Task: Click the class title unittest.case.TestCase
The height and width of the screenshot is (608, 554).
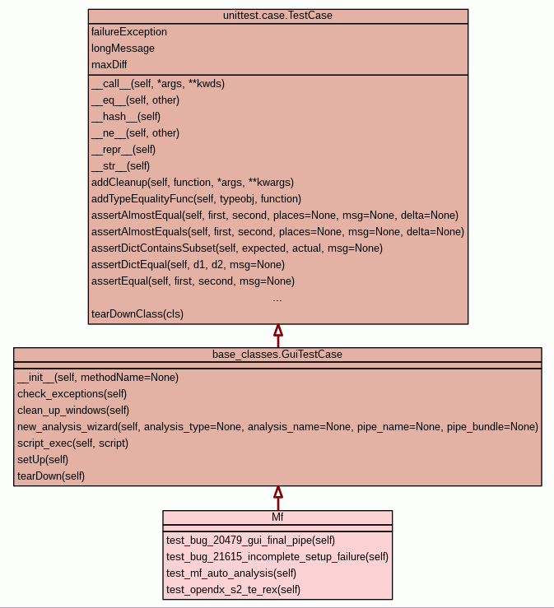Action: pyautogui.click(x=277, y=16)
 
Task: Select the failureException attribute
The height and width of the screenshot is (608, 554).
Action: pyautogui.click(x=129, y=32)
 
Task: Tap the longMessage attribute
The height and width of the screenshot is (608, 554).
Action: pyautogui.click(x=123, y=49)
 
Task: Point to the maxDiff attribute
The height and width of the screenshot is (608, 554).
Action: pyautogui.click(x=109, y=65)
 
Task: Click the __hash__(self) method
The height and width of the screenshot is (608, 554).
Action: pyautogui.click(x=126, y=117)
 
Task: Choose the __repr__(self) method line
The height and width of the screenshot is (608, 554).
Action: pyautogui.click(x=123, y=150)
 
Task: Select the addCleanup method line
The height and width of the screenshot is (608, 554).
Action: pyautogui.click(x=193, y=183)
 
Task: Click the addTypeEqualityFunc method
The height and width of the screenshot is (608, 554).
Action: pyautogui.click(x=196, y=199)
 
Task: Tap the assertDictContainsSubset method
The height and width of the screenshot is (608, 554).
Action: pyautogui.click(x=236, y=248)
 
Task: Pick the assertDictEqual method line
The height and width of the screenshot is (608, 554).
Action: pyautogui.click(x=188, y=265)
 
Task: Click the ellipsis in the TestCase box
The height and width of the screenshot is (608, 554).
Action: pyautogui.click(x=277, y=298)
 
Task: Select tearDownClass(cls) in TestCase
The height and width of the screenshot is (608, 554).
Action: pyautogui.click(x=137, y=314)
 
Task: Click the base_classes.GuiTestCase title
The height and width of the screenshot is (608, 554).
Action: pyautogui.click(x=277, y=355)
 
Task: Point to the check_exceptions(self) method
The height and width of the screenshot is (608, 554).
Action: pyautogui.click(x=72, y=394)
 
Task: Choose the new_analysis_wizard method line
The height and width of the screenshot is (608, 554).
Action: pyautogui.click(x=277, y=427)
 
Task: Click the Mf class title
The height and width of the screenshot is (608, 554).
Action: pyautogui.click(x=277, y=517)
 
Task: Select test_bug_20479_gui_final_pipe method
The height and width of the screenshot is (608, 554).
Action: pyautogui.click(x=250, y=541)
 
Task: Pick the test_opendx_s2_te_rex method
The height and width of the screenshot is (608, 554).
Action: pyautogui.click(x=233, y=590)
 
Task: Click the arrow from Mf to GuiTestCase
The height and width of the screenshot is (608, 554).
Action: pyautogui.click(x=277, y=498)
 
